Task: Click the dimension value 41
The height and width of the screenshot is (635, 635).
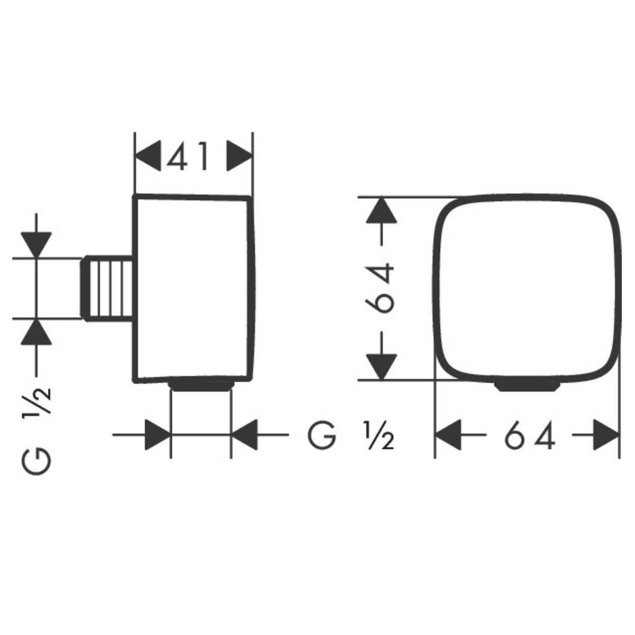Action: tap(188, 156)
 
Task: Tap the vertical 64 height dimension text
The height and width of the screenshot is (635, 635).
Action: tap(380, 288)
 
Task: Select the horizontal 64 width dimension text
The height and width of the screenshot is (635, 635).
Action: tap(530, 436)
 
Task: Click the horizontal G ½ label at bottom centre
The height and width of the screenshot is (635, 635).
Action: tap(351, 436)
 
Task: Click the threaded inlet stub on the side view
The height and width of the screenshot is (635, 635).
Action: tap(108, 288)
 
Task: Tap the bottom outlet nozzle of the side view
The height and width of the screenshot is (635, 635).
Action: tap(201, 385)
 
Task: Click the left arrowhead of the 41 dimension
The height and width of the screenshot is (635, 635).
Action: tap(148, 156)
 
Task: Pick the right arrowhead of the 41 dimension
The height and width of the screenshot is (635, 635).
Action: tap(239, 156)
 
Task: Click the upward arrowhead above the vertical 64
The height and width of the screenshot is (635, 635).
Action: tap(381, 211)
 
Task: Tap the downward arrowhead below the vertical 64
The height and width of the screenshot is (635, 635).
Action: tap(381, 366)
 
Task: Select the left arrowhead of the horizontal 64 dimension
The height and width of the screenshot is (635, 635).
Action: tap(448, 436)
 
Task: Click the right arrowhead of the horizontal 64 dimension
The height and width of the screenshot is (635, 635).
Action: tap(606, 436)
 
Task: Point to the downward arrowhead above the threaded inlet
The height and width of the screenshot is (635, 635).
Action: tap(36, 244)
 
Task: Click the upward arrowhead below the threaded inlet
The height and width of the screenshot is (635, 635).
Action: tap(36, 331)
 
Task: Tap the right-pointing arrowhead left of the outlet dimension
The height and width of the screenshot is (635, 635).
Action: tap(157, 436)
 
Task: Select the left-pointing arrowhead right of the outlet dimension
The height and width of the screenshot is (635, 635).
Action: tap(244, 436)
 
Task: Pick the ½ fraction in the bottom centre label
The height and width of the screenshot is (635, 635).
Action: tap(378, 436)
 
